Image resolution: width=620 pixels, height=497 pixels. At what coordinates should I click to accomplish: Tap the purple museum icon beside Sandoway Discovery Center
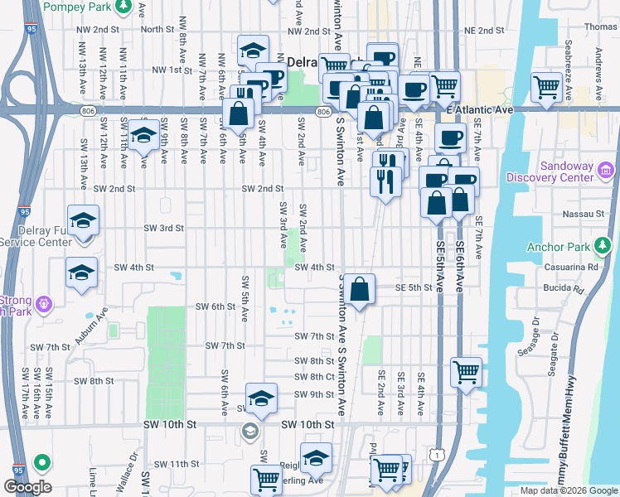point(605,171)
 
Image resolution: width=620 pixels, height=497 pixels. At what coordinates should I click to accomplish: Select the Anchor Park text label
point(562,247)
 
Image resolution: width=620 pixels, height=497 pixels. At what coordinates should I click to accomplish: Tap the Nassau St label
point(589,214)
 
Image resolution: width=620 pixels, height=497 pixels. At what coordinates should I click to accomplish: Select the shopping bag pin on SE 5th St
point(359,291)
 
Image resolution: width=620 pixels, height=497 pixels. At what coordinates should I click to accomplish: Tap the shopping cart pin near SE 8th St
point(467,371)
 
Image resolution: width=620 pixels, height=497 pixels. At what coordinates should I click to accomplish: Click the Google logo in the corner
point(27,487)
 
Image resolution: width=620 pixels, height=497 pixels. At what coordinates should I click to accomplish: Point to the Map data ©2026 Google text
point(568,490)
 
